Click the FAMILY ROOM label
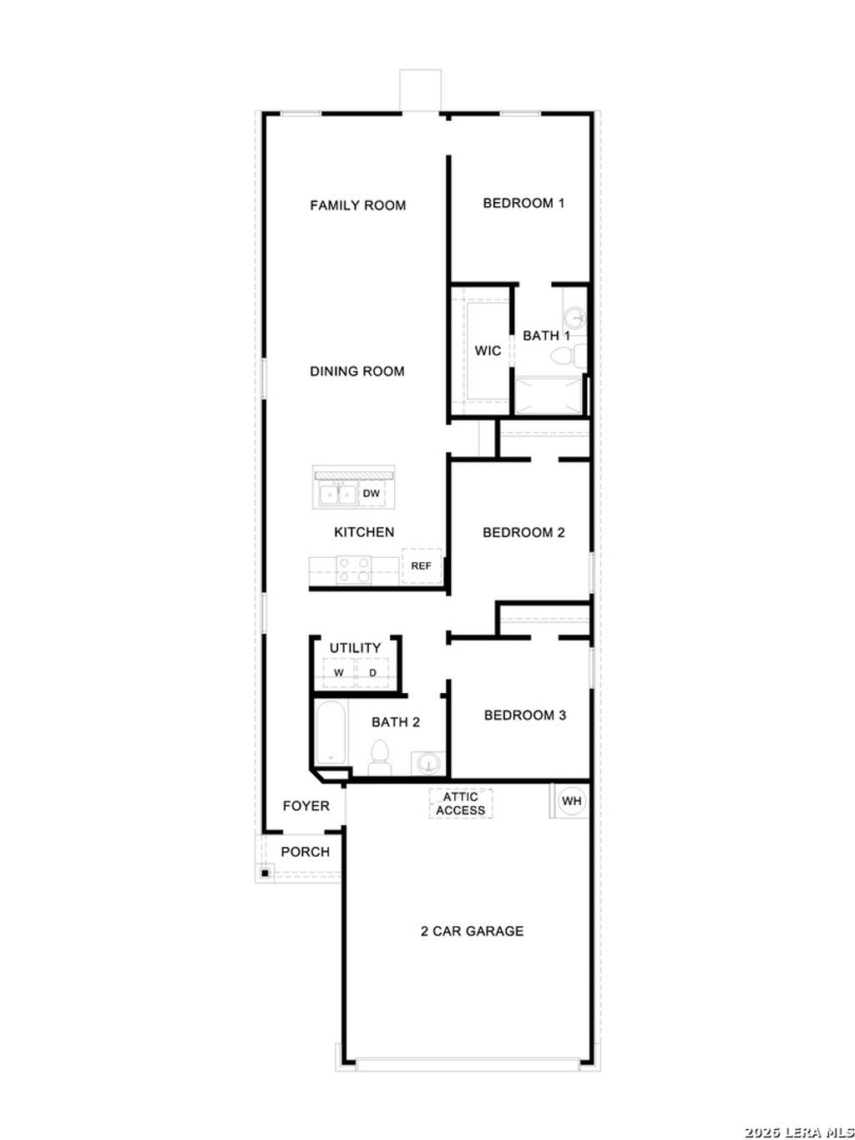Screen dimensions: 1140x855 point(357,205)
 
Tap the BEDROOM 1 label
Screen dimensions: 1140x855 point(524,203)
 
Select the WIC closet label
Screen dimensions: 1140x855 point(488,351)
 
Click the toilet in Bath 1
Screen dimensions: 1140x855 point(565,357)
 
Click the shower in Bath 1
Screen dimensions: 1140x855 point(548,395)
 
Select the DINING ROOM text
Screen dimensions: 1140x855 point(357,372)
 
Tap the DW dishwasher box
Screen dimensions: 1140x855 point(372,494)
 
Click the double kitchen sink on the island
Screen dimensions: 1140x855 point(337,494)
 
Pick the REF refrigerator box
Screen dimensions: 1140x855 point(421,566)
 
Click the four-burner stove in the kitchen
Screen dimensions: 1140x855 point(354,570)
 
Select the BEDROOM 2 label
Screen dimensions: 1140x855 point(524,533)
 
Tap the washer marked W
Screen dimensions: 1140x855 point(339,673)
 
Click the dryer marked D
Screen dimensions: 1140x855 point(373,673)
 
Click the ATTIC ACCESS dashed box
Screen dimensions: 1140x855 point(460,803)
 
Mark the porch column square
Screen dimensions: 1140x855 point(264,874)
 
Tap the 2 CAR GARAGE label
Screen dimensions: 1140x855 point(472,931)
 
